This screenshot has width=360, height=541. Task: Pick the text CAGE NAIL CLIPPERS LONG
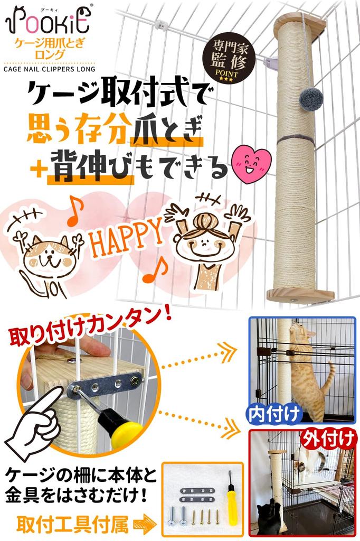tap(50, 69)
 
